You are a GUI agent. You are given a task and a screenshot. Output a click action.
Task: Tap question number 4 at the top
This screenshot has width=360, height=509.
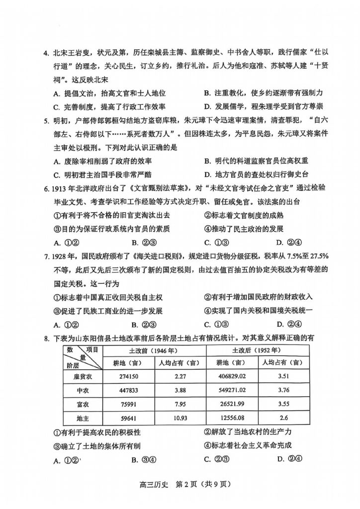pos(45,53)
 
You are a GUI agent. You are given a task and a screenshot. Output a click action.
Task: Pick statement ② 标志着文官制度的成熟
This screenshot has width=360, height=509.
pos(244,215)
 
